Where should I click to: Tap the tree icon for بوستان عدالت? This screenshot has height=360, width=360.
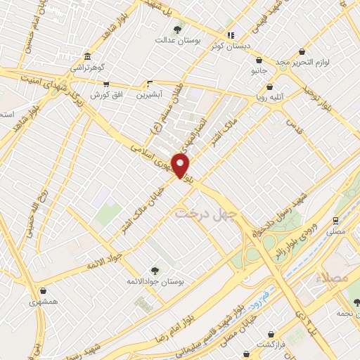pos(176,30)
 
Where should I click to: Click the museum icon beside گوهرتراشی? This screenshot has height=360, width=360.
pos(86,57)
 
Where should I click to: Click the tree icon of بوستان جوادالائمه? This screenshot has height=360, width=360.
pos(155,269)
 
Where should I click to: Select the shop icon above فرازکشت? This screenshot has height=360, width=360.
pos(262,333)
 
